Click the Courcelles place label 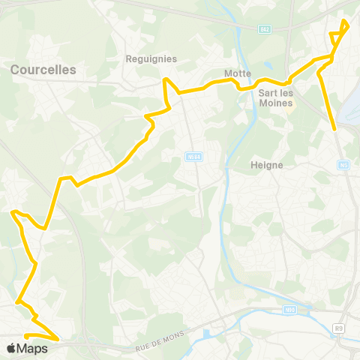point(43,69)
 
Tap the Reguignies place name point(151,58)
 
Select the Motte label point(238,73)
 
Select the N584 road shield point(193,156)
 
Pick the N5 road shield point(343,165)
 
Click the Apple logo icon point(11,348)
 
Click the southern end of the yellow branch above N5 point(334,129)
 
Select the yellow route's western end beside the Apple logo point(25,336)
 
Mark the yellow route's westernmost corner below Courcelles point(12,212)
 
